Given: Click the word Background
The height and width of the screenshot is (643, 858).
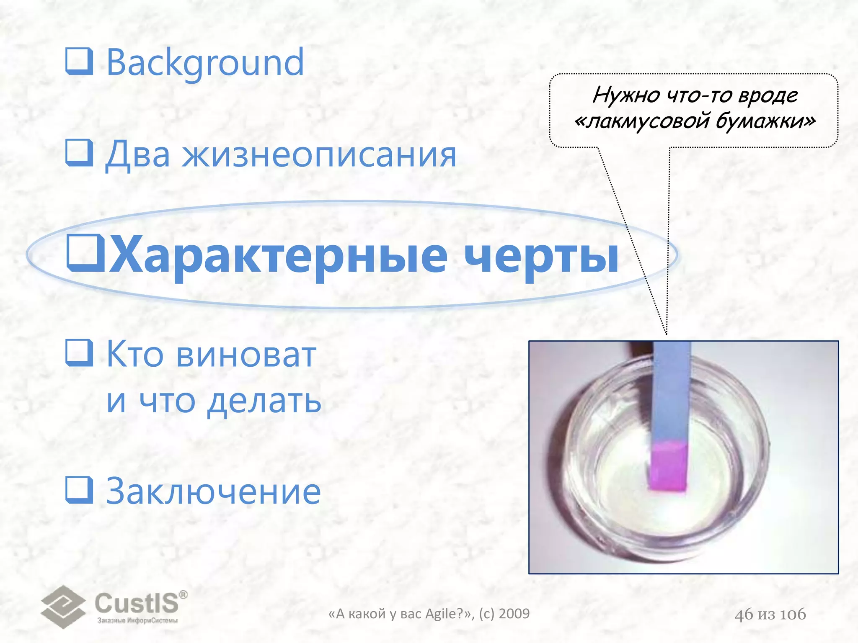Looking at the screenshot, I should pos(205,63).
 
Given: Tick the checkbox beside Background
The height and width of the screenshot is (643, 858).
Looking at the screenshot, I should pos(79,61).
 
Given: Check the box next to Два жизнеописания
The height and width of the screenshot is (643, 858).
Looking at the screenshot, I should pos(79,153).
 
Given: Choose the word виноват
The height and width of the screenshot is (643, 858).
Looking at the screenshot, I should pos(246,355).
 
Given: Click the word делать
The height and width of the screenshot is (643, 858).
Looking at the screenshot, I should pos(264,401).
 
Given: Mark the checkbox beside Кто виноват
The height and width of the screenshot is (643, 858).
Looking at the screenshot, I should pos(79,353).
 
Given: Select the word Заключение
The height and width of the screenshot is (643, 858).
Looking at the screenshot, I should pos(214,491).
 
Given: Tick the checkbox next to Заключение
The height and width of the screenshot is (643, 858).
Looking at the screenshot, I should pos(79,489).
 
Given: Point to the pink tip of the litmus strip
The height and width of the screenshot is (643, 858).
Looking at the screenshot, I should pos(669,467).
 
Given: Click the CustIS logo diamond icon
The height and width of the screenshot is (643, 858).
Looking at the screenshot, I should pos(63,607).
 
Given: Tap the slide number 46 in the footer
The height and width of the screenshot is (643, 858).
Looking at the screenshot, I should pos(744,615).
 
